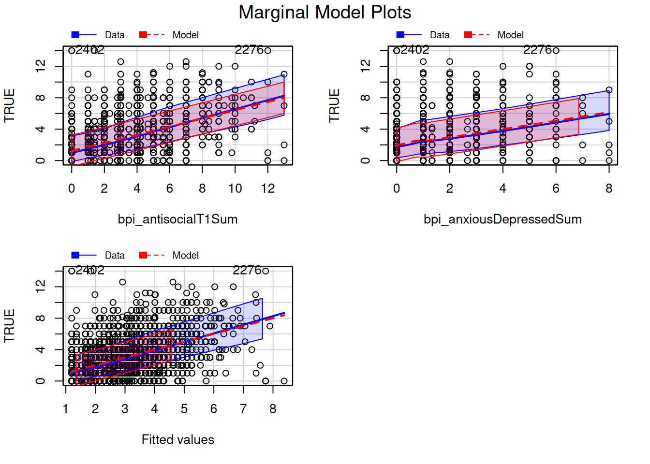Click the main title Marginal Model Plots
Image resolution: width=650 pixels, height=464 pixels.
coord(325,13)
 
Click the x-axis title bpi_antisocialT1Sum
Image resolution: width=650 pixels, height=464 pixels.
coord(177,219)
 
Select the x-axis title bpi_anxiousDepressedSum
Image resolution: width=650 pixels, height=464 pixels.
coord(502,219)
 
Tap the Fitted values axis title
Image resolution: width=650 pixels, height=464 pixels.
coord(177,440)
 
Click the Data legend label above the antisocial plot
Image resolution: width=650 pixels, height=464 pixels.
coord(115,35)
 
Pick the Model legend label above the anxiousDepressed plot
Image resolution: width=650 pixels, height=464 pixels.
coord(510,35)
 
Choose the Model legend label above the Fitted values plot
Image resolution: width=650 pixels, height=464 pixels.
coord(185,255)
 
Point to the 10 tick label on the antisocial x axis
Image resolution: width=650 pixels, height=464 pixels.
coord(235,188)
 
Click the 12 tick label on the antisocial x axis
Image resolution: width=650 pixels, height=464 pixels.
coord(268,188)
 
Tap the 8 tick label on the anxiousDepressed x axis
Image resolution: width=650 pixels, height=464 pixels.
coord(609,188)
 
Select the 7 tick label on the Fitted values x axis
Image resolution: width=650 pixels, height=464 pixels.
coord(243,409)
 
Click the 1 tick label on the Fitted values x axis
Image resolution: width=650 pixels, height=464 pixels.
coord(66,409)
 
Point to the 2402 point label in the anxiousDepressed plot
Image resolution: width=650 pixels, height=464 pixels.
coord(415,50)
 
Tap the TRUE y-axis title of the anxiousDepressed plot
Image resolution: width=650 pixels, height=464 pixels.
coord(334,105)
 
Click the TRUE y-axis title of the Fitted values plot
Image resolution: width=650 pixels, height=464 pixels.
coord(9,326)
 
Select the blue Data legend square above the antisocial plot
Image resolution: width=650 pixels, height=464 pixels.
coord(75,35)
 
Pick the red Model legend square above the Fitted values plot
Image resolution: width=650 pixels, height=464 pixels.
coord(143,255)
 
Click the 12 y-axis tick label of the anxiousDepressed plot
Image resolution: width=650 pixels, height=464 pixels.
coord(366,66)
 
